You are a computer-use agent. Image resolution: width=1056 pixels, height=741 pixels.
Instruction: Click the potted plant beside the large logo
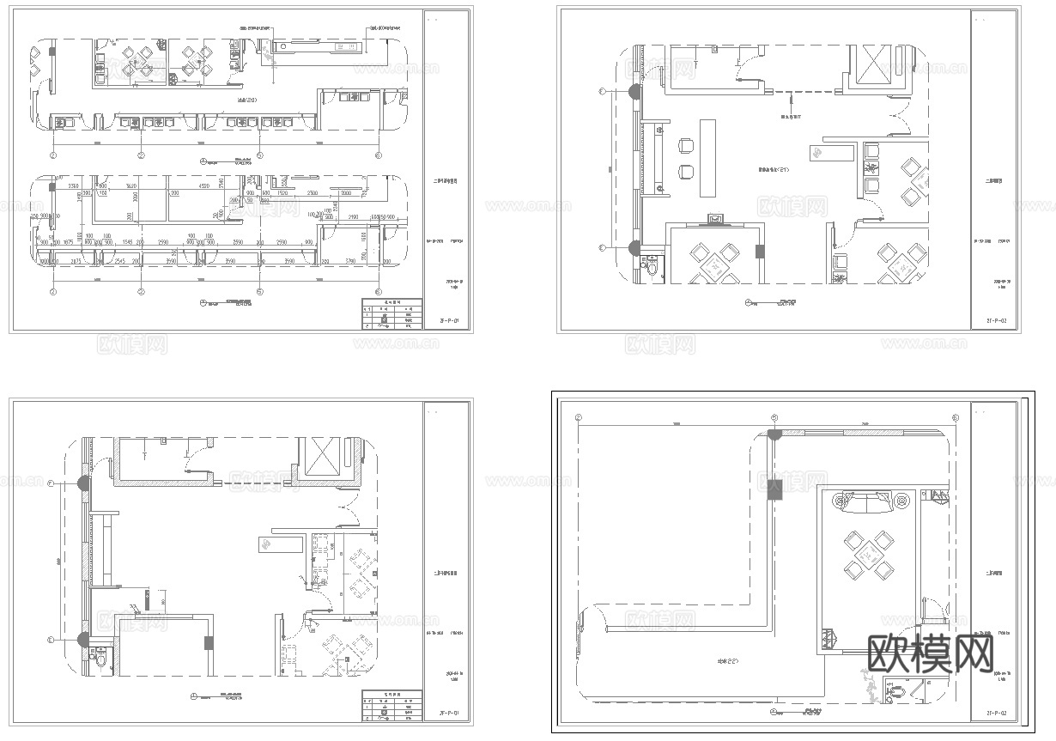coord(869,687)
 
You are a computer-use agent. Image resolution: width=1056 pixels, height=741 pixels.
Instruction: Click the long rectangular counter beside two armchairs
coord(707,157)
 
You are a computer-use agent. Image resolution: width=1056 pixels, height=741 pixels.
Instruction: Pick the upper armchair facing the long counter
coord(687,147)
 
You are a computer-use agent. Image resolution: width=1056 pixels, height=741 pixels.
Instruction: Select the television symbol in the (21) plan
coord(714,220)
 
